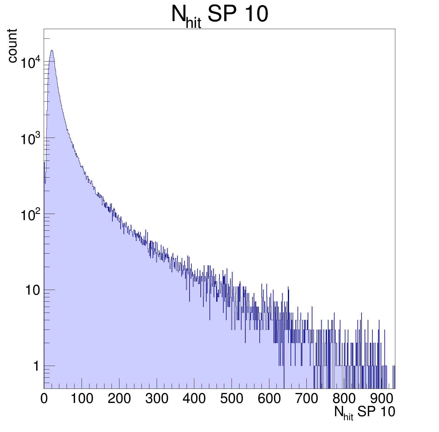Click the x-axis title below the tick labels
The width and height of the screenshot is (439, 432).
click(x=364, y=413)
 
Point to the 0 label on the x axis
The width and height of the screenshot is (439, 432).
click(x=44, y=399)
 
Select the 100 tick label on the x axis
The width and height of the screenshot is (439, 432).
click(x=82, y=399)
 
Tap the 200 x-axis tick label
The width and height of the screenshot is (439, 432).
click(x=119, y=399)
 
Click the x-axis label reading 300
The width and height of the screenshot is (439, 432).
click(x=157, y=399)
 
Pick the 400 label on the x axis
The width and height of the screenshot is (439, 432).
click(x=194, y=399)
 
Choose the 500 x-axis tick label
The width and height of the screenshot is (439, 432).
click(x=232, y=399)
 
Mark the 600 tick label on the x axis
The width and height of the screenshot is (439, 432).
click(x=269, y=399)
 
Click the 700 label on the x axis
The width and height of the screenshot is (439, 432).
click(x=307, y=399)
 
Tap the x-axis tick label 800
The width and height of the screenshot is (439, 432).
click(x=344, y=399)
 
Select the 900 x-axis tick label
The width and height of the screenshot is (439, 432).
click(x=381, y=399)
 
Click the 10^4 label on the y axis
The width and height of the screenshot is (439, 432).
click(x=30, y=63)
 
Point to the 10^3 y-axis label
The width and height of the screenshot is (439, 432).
click(x=30, y=139)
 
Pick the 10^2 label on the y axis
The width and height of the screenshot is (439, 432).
click(x=30, y=215)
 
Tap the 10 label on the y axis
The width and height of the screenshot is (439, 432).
click(x=32, y=291)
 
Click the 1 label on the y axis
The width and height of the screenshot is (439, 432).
click(x=36, y=366)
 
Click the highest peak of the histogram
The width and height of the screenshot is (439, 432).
click(x=52, y=50)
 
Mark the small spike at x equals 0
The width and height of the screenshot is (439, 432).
click(x=44, y=162)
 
